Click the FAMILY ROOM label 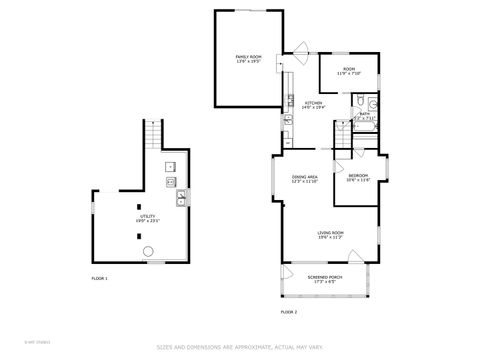[247, 57]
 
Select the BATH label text [365, 114]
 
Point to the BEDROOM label [358, 176]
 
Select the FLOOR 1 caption [99, 277]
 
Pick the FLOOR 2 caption [288, 312]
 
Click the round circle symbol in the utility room [148, 251]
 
